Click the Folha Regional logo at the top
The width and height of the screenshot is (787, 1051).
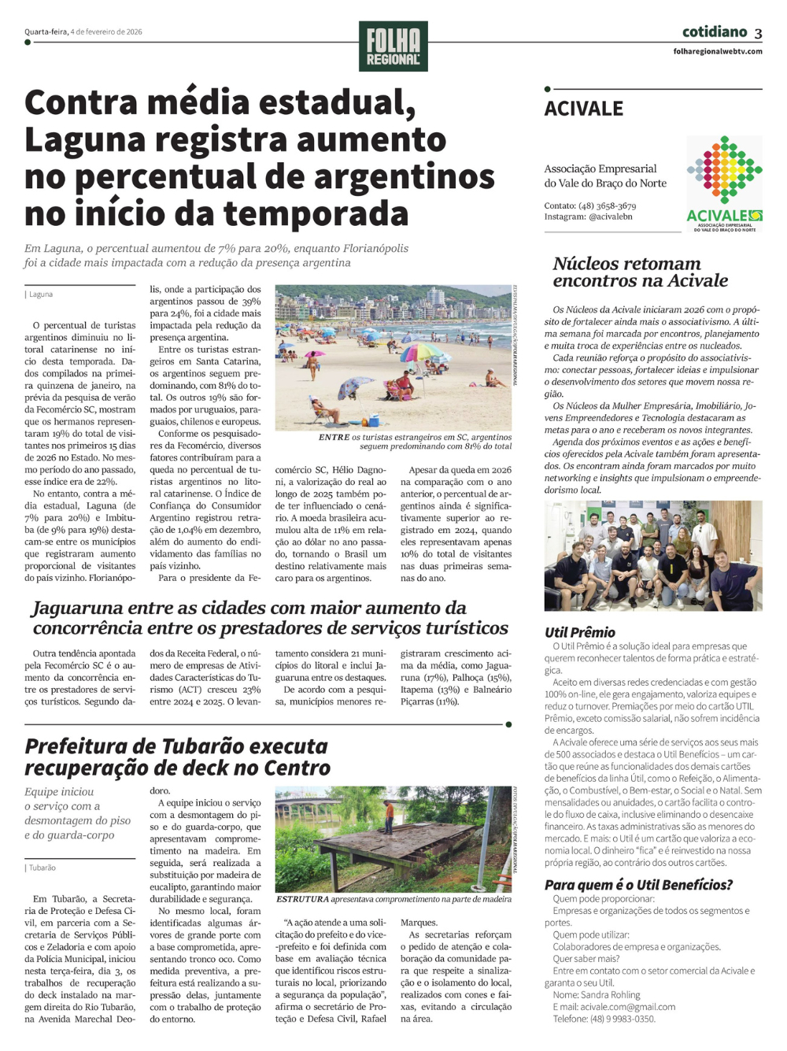393,46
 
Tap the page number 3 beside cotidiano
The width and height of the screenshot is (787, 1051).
758,33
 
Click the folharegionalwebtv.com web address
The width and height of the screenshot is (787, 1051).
717,51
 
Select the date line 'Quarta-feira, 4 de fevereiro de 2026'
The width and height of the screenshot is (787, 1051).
83,32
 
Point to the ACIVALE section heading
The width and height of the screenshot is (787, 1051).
583,109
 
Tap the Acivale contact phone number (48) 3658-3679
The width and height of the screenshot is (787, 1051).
607,205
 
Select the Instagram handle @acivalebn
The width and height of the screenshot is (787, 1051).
610,216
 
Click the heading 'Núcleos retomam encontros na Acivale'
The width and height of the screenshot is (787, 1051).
640,272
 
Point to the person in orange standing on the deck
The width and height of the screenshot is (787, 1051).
389,816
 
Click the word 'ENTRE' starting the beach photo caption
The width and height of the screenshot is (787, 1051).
334,437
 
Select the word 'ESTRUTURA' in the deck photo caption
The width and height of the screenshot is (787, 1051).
302,899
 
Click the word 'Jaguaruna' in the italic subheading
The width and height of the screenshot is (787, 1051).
77,608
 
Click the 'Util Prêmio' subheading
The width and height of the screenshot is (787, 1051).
580,632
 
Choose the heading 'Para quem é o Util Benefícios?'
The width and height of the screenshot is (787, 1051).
638,885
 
